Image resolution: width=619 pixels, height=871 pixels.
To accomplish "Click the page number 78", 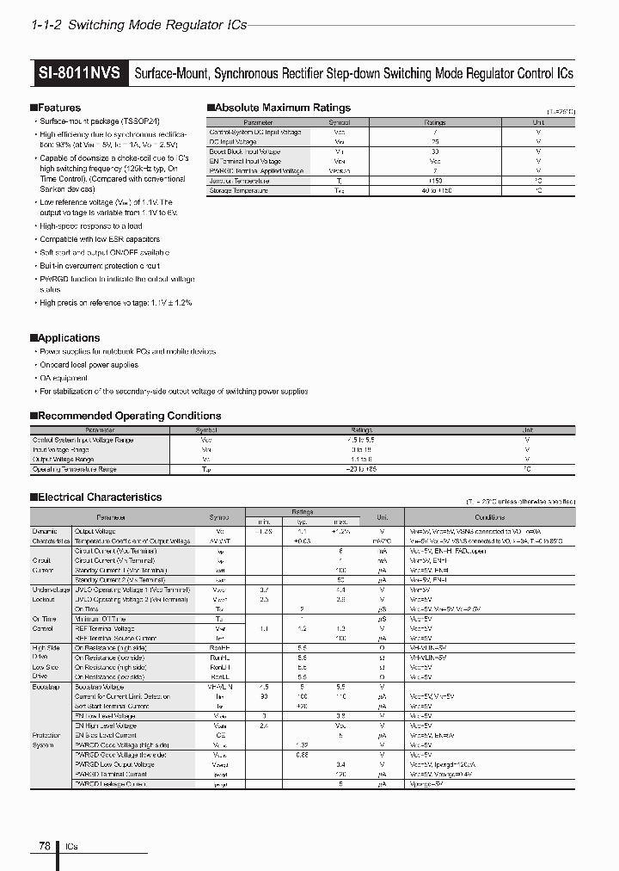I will pos(44,846).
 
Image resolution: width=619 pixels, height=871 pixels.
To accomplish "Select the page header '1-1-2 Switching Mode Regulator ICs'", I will pos(138,25).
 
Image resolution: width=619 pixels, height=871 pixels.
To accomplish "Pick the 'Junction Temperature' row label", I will pos(240,180).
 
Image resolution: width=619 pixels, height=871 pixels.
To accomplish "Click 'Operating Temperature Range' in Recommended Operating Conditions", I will pos(75,469).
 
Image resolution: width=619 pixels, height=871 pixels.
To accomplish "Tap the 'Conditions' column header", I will pos(489,517).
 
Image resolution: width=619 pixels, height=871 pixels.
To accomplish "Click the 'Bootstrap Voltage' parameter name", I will pos(99,687).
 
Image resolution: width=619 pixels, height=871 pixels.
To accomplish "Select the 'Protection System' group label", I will pos(47,740).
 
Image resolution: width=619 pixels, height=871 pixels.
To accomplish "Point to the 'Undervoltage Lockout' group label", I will pos(50,593).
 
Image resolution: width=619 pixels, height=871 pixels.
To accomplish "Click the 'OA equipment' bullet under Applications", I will pos(64,378).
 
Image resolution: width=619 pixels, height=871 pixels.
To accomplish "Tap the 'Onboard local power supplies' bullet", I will pos(89,365).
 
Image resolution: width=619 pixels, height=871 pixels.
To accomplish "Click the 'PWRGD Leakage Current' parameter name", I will pos(110,784).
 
